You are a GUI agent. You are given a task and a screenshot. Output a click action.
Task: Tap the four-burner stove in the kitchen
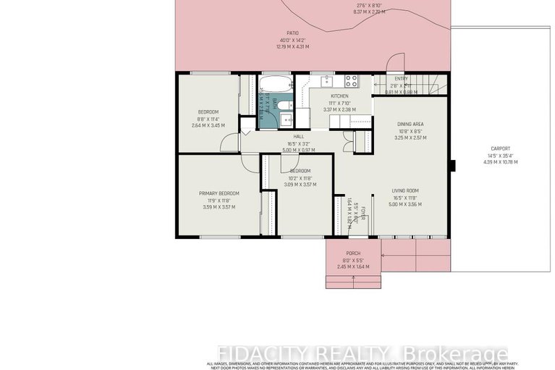352,80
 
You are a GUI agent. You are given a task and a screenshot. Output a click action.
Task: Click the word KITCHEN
339,96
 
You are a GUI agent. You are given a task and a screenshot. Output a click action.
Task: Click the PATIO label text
292,33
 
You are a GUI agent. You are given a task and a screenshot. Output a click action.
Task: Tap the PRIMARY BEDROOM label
219,193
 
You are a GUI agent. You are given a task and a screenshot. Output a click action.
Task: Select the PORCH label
353,253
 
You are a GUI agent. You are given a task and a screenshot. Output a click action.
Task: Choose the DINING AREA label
410,124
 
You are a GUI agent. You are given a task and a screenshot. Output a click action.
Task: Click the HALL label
298,137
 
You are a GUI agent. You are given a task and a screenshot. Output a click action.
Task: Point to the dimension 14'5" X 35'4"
500,156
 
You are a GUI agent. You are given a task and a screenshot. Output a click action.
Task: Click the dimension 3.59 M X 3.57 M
219,207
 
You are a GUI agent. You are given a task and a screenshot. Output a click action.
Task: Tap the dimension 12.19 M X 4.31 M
292,46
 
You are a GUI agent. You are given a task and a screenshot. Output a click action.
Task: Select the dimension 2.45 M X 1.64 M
353,266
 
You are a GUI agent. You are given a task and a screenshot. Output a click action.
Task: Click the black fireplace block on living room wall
452,166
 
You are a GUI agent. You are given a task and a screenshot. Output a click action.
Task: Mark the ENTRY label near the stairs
401,79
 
